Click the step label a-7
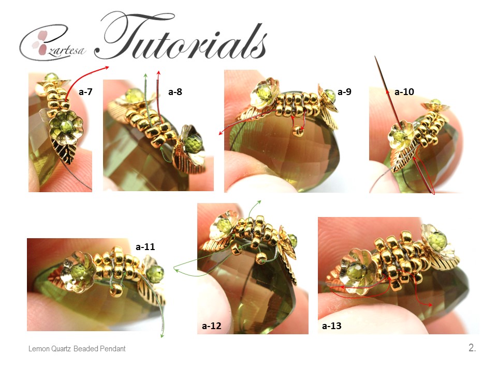(x=85, y=92)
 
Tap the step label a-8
(x=175, y=92)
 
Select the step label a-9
(x=344, y=92)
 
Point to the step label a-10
(x=404, y=92)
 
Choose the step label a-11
(x=145, y=247)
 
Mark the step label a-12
(x=211, y=326)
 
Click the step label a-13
(x=331, y=326)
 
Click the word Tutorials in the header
(x=181, y=36)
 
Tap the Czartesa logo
(x=52, y=43)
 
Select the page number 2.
(x=472, y=348)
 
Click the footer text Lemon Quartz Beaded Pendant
(x=77, y=349)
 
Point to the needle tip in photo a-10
(x=375, y=57)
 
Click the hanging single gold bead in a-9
(x=298, y=131)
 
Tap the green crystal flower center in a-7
(x=66, y=126)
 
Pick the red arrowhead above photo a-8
(x=158, y=72)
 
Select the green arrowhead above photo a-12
(x=259, y=202)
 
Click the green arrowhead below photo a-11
(x=162, y=335)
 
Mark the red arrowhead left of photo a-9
(x=221, y=133)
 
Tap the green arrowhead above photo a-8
(x=145, y=75)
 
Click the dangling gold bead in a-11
(x=116, y=290)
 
